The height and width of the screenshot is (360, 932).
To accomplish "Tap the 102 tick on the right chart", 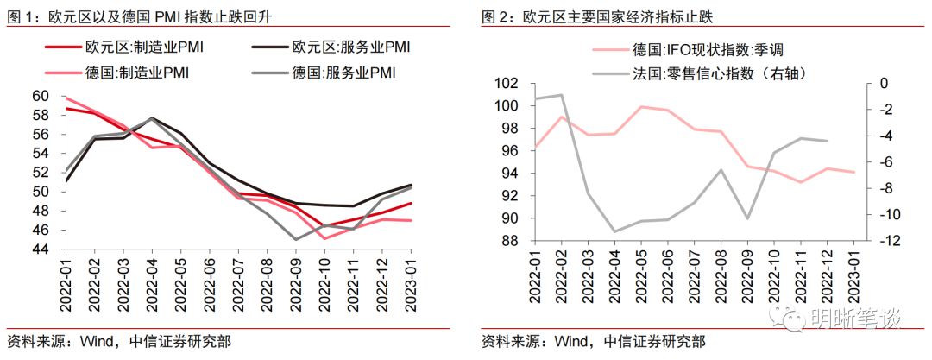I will [x=506, y=84].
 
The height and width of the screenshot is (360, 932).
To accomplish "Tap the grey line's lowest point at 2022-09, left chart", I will [x=297, y=239].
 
